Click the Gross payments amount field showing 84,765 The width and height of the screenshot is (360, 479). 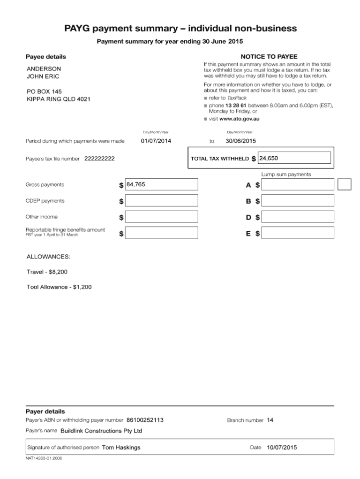tap(162, 185)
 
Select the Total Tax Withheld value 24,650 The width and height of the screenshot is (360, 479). tap(295, 159)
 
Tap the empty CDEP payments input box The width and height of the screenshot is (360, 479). tap(162, 201)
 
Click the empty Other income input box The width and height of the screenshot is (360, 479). tap(162, 217)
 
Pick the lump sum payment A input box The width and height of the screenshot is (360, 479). tap(298, 185)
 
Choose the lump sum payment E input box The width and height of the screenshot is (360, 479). tap(298, 233)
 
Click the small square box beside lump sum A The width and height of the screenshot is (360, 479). tap(345, 184)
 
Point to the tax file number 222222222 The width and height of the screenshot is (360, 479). tap(99, 159)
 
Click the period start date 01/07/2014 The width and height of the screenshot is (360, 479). tap(156, 141)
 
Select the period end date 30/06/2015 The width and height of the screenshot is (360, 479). tap(240, 141)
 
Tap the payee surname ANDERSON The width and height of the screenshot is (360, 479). tap(44, 68)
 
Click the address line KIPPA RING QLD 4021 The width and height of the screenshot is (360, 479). tap(59, 99)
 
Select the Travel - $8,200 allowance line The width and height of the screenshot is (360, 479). tap(50, 272)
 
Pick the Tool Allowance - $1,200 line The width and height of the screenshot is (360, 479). tap(59, 287)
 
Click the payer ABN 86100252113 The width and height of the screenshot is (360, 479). tap(145, 420)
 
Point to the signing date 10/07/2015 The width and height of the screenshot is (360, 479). tap(282, 448)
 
